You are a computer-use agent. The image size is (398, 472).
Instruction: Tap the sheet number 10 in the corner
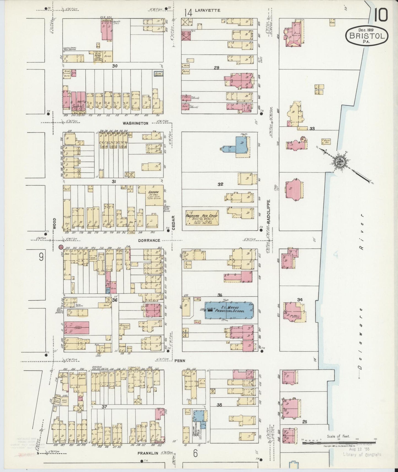(381, 15)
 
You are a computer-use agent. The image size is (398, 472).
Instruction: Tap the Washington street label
(135, 123)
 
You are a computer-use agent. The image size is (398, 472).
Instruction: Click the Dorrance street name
(149, 240)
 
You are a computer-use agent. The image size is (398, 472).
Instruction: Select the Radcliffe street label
(269, 211)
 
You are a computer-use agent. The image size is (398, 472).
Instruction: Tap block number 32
(220, 184)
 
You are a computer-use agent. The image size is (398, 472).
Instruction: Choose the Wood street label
(55, 223)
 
